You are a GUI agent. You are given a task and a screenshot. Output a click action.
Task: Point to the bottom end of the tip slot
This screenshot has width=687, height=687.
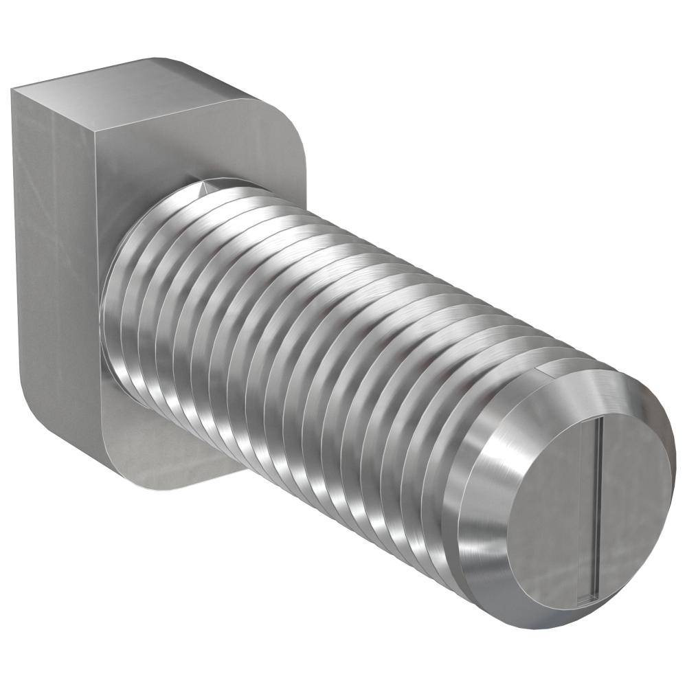click(585, 600)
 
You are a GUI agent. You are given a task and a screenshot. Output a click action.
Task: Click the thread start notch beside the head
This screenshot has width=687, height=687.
click(205, 187)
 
